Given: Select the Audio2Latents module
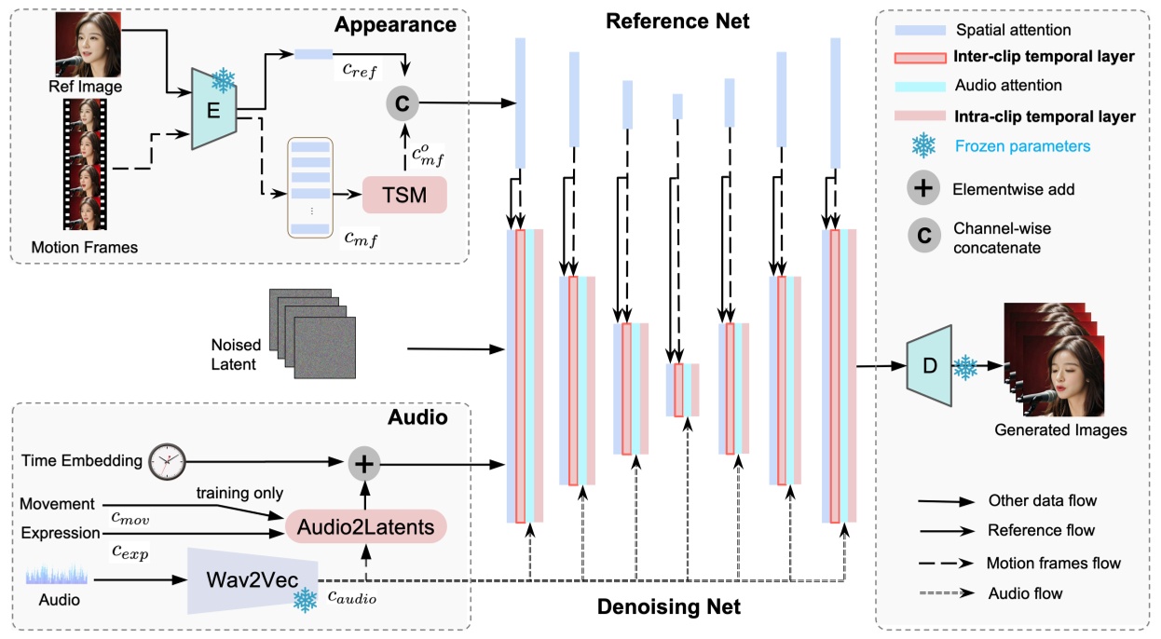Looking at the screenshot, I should pos(365,526).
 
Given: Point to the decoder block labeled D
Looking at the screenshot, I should pos(928,366).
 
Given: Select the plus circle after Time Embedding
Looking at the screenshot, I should pos(364,462).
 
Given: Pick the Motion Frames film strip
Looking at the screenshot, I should pos(87,164).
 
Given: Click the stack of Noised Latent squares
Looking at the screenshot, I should pos(313,333).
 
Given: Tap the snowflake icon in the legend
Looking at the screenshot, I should pos(923,145).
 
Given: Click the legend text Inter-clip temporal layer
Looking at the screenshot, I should pos(1044,56).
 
